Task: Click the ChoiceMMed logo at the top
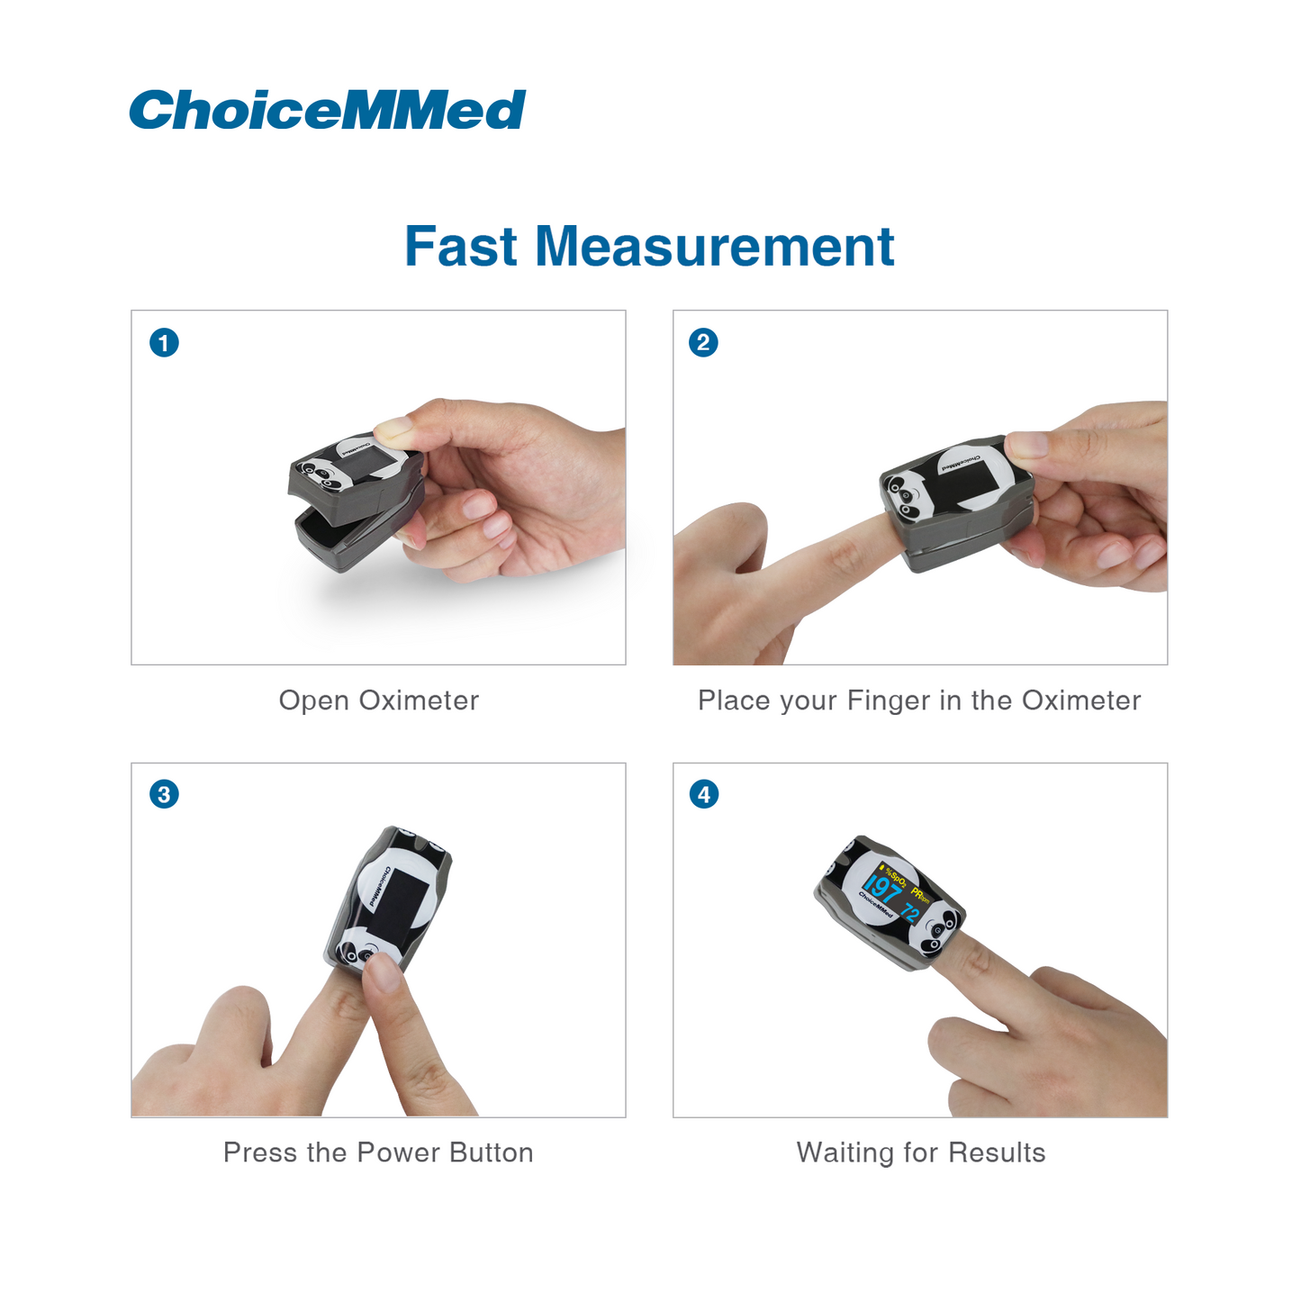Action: (x=327, y=109)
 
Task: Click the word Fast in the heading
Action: (x=460, y=247)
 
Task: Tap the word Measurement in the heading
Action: (x=715, y=247)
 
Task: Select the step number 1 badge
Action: (x=164, y=342)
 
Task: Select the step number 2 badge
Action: (x=703, y=342)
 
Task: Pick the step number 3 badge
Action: (x=164, y=794)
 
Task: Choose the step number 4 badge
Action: (x=703, y=794)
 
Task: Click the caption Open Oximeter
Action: (x=379, y=700)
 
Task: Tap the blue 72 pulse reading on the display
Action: (x=910, y=912)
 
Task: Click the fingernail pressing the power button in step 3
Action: (x=383, y=973)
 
